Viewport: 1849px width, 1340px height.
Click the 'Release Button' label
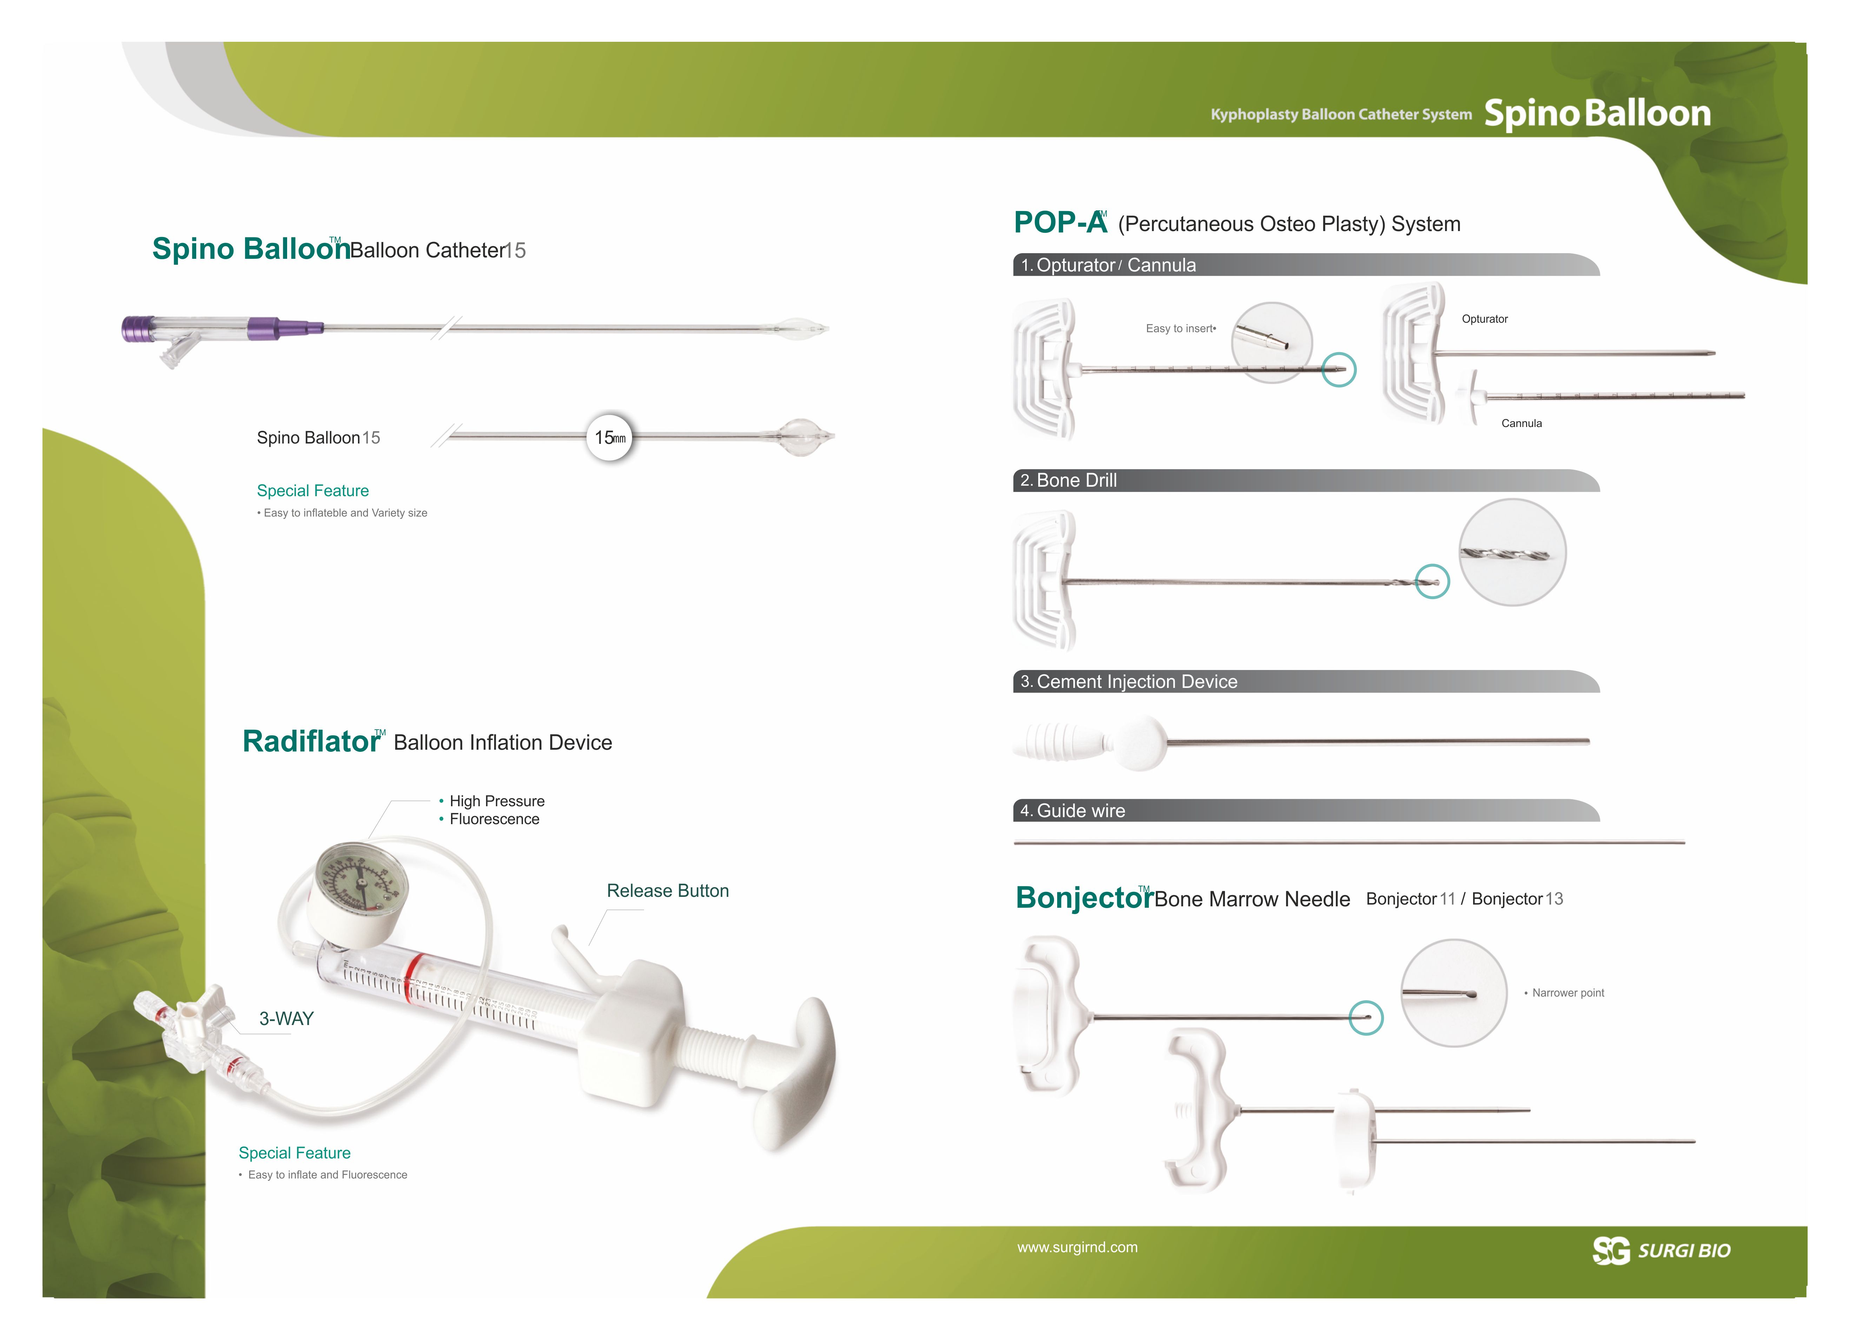coord(668,891)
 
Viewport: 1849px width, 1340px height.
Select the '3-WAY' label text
coord(286,1019)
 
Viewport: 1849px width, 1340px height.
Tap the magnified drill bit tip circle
coord(1512,552)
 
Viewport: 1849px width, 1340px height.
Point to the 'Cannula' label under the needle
coord(1521,423)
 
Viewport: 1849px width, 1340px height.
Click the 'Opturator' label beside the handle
coord(1485,319)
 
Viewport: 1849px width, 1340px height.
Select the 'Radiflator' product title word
coord(311,741)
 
